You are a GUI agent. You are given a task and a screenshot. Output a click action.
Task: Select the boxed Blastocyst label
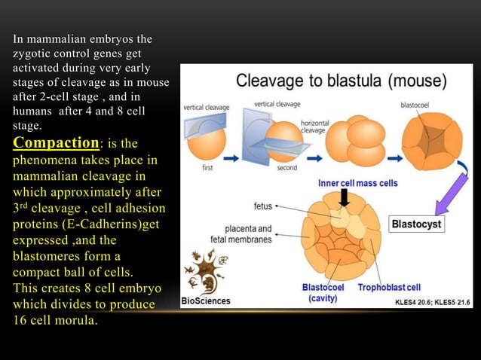[417, 224]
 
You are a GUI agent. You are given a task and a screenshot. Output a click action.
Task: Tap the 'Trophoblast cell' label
[389, 288]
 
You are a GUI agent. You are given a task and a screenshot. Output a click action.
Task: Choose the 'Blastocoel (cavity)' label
[324, 293]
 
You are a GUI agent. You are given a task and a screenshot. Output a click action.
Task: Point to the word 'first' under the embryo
[207, 168]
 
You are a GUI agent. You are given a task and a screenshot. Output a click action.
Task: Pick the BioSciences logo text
[206, 301]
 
